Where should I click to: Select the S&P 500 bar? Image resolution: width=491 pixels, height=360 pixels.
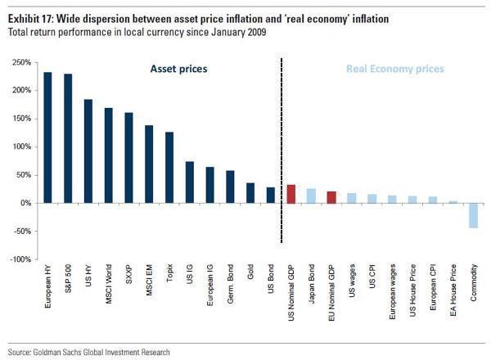[68, 138]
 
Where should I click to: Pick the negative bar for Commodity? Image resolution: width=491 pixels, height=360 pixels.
[473, 215]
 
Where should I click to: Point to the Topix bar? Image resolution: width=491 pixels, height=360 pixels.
[169, 167]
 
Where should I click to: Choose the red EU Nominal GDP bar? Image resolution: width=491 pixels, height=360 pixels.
[331, 197]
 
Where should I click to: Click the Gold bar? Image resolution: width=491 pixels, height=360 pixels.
[250, 193]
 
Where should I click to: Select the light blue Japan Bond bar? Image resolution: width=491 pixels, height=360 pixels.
[311, 196]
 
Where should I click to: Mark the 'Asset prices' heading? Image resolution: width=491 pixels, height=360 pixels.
[178, 70]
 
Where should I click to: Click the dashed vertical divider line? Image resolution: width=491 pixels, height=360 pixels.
[281, 147]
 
